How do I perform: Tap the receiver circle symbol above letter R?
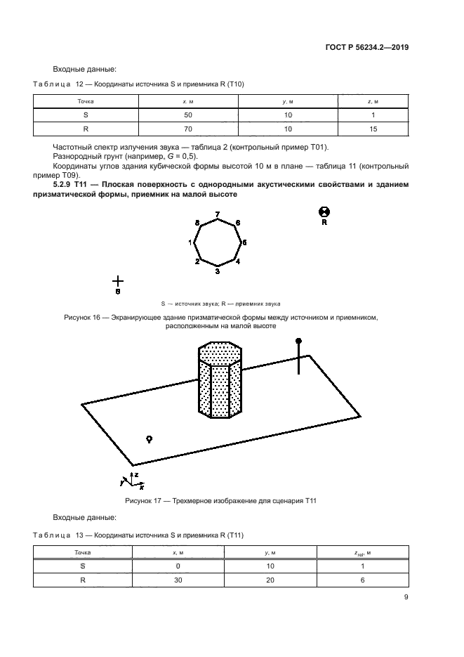click(324, 212)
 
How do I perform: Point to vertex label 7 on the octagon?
click(218, 214)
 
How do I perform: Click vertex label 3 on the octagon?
click(218, 271)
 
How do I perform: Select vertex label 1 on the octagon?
click(190, 242)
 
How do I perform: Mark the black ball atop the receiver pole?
click(298, 341)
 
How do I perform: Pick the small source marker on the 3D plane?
click(149, 438)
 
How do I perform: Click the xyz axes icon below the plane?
click(127, 481)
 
